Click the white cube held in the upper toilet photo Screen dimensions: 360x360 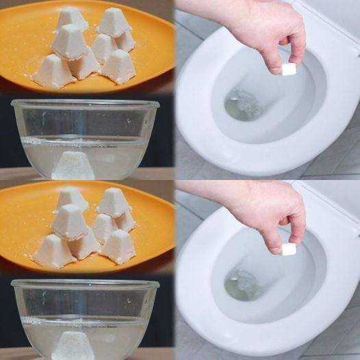(289, 68)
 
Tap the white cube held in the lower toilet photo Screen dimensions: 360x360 (289, 249)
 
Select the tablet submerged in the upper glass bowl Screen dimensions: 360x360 (73, 164)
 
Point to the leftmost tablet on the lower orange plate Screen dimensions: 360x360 (53, 252)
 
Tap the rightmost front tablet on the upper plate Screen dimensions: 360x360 (119, 66)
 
